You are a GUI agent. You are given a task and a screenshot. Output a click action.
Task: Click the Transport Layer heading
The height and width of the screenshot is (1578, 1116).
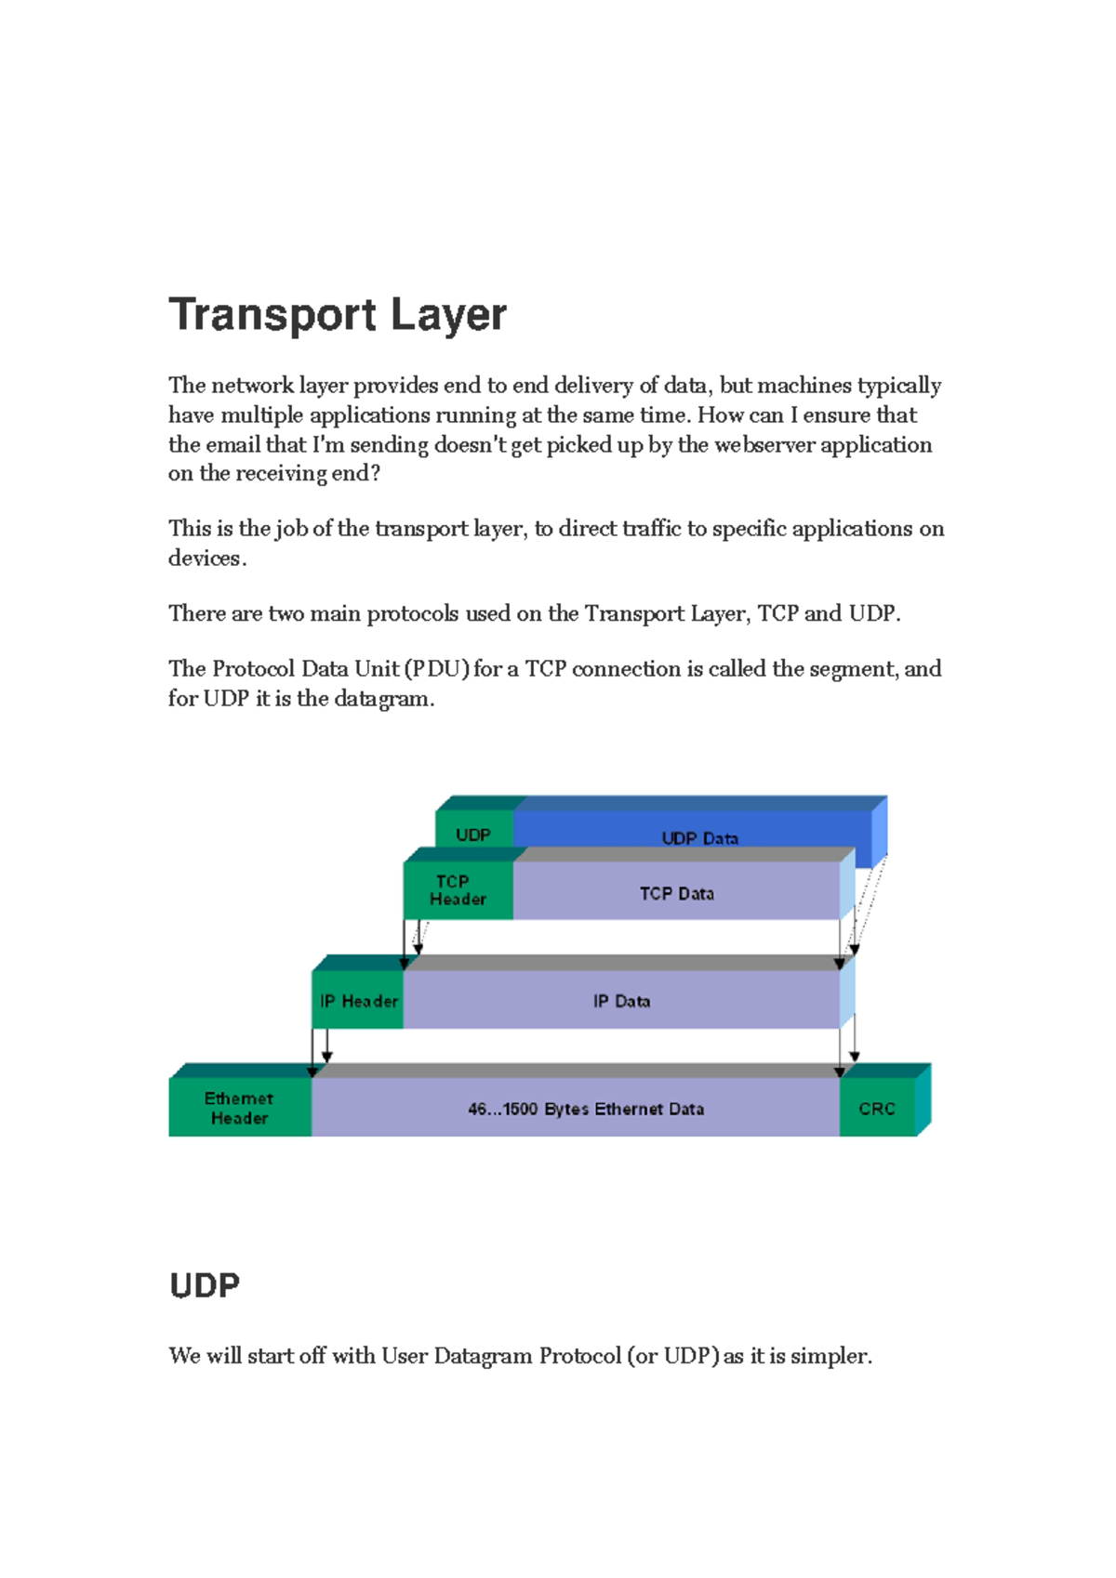coord(338,315)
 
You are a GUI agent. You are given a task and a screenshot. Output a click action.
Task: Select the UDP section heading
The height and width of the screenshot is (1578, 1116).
coord(205,1286)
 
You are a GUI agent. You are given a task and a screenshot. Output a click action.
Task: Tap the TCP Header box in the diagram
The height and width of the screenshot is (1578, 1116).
coord(458,890)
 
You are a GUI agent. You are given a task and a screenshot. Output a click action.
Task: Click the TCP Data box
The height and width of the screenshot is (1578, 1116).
coord(676,893)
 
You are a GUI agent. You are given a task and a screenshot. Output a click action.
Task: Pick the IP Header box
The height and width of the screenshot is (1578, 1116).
coord(358,1001)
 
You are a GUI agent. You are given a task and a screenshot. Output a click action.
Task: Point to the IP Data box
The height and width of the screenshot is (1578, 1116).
coord(621,1001)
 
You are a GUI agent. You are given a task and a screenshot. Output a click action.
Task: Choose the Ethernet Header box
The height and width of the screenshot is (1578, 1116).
coord(239,1108)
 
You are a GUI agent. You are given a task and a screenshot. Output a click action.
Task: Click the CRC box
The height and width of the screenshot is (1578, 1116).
coord(877,1109)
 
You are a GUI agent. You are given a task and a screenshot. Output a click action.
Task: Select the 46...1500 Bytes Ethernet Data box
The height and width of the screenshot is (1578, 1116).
coord(586,1109)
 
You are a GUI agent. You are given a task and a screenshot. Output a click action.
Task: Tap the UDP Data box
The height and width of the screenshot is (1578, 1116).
coord(699,837)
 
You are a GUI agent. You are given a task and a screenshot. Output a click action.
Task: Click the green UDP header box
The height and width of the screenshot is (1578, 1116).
coord(473,835)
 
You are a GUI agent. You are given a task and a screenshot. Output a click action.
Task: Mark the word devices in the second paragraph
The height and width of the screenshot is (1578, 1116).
coord(206,559)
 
